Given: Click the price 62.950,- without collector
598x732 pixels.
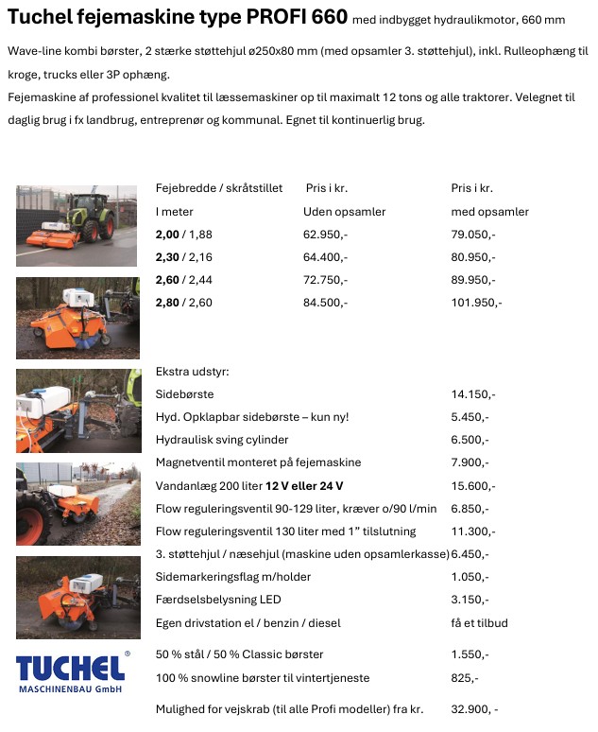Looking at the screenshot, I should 325,234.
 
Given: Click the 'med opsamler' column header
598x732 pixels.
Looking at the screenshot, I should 489,211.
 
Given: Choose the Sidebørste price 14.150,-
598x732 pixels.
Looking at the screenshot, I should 473,394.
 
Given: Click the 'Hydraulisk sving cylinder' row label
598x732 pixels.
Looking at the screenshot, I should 222,440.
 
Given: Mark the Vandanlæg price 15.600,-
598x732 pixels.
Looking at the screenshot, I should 473,485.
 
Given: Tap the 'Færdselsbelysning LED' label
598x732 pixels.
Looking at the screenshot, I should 218,600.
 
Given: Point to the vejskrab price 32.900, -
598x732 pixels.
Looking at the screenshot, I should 474,708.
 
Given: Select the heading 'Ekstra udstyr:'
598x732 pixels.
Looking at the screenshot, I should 193,372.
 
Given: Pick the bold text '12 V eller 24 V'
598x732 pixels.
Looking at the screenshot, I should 304,485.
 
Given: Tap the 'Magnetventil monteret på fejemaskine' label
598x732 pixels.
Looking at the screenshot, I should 258,462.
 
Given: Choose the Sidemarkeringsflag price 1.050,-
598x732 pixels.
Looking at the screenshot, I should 470,577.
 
